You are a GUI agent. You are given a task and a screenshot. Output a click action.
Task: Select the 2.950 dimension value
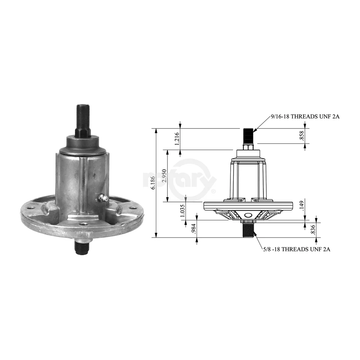pos(164,175)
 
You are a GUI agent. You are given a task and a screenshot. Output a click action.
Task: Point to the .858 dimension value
pos(302,136)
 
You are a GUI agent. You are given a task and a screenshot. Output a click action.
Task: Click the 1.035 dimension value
pos(183,210)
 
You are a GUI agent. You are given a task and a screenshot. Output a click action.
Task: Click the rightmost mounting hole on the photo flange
pos(134,208)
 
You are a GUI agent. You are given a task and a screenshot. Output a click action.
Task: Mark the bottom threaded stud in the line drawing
pos(248,230)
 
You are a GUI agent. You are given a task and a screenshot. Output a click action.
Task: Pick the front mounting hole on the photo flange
pos(84,224)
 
